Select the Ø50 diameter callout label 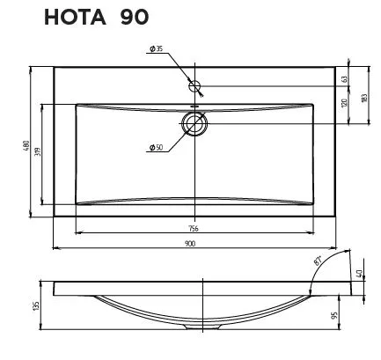156,146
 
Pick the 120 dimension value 346,103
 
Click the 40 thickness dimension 360,274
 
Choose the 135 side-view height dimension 36,305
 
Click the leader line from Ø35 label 176,65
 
